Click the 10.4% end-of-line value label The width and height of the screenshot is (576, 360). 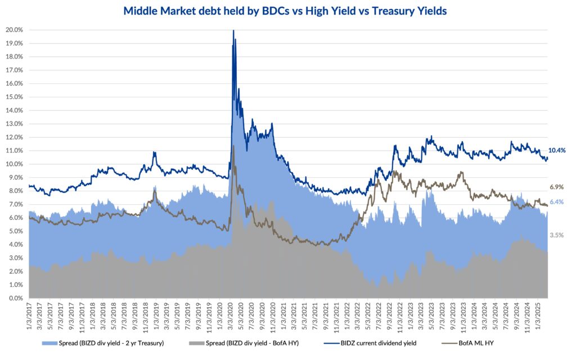pyautogui.click(x=556, y=150)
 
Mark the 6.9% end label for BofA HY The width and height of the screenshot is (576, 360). pyautogui.click(x=556, y=187)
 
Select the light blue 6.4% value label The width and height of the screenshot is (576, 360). pyautogui.click(x=556, y=202)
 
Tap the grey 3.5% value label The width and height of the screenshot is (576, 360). pyautogui.click(x=556, y=235)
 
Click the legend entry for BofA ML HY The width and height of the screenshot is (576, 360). pyautogui.click(x=480, y=343)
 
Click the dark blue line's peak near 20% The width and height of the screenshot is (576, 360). pyautogui.click(x=233, y=31)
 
